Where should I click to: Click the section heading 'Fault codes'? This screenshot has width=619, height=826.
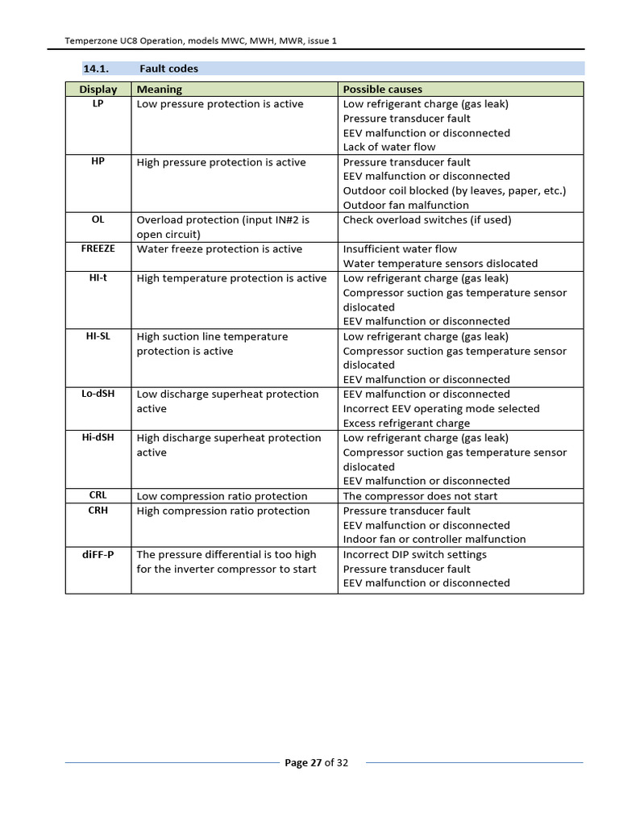pos(168,69)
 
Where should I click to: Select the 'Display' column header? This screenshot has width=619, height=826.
pos(98,90)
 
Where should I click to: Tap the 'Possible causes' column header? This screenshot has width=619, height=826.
pos(382,90)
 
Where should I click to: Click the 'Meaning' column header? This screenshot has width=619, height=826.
pos(160,90)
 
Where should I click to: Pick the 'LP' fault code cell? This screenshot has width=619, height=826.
pos(98,104)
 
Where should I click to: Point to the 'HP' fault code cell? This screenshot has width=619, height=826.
pos(98,161)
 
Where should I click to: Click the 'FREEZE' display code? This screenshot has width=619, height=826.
pos(98,248)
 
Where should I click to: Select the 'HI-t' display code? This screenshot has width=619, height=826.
pos(98,277)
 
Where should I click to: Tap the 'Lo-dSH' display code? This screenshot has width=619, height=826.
pos(98,394)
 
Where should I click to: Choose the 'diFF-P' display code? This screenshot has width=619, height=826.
pos(98,554)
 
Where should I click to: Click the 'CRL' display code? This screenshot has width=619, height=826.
pos(98,495)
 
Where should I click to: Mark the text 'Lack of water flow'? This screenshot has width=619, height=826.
pos(389,147)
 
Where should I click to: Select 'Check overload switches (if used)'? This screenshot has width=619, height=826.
pos(427,219)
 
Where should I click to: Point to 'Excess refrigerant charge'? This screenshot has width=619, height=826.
pos(406,423)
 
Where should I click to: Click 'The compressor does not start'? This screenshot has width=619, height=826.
pos(420,496)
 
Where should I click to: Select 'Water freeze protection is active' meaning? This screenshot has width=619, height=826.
pos(219,249)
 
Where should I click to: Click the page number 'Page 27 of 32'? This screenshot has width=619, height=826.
pos(317,763)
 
